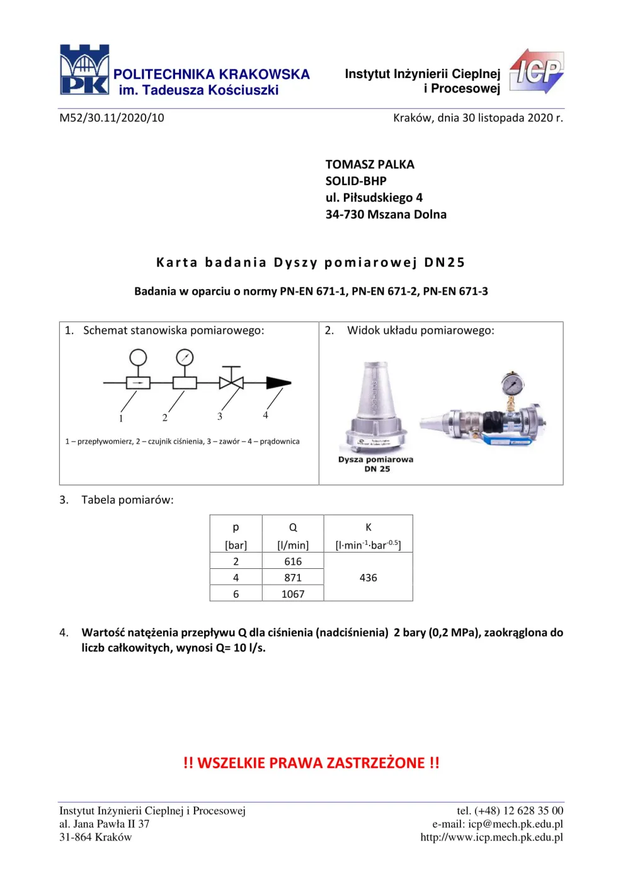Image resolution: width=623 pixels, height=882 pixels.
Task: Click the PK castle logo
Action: point(84,70)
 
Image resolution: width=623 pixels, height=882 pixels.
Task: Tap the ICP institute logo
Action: point(537,71)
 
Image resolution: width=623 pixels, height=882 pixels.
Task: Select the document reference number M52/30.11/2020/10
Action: point(112,118)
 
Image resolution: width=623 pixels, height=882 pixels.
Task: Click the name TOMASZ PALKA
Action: point(370,164)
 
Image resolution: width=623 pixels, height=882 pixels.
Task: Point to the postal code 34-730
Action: point(345,214)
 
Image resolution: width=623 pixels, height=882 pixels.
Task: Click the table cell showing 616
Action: point(293,561)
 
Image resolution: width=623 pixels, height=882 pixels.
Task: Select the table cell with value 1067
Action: point(293,593)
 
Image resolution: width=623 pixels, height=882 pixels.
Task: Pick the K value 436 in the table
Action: point(369,578)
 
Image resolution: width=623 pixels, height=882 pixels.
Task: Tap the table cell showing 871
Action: point(293,578)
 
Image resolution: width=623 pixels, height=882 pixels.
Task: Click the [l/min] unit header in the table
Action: point(293,546)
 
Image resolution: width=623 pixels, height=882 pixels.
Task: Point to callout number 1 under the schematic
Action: point(121,418)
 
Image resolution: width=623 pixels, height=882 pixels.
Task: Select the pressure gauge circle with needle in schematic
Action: point(185,358)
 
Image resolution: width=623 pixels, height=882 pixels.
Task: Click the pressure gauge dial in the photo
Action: point(512,383)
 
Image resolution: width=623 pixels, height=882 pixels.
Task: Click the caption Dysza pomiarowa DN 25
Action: point(375,464)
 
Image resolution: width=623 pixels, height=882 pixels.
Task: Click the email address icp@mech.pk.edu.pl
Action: point(515,824)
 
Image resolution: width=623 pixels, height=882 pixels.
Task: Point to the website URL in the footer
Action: point(492,837)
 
